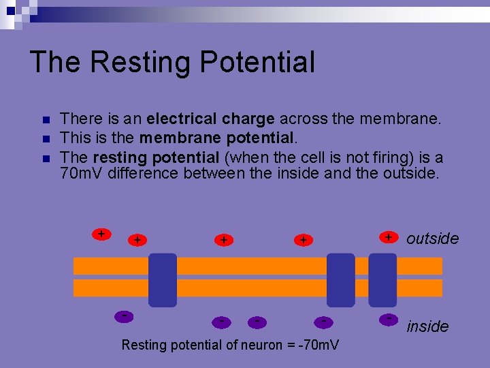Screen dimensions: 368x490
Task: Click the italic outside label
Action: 432,239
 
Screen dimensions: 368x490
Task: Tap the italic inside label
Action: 427,326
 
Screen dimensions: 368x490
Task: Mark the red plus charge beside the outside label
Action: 388,236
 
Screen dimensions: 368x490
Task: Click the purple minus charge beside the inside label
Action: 389,318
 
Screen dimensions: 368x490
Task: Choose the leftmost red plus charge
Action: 101,234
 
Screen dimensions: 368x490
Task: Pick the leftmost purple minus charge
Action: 124,316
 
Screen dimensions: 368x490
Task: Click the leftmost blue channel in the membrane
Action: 163,280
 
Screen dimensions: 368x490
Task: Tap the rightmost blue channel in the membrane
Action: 382,280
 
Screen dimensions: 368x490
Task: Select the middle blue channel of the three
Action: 340,280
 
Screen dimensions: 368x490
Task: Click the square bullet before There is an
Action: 46,120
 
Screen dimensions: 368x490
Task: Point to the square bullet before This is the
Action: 46,139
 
